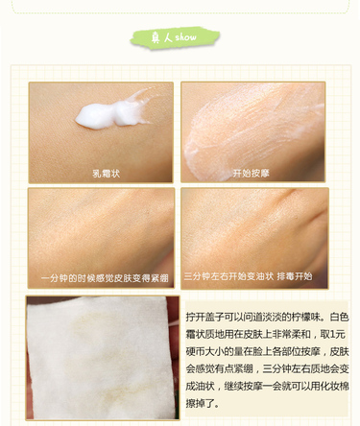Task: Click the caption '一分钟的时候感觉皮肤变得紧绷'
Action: (104, 278)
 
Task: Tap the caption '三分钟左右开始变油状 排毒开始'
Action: (249, 278)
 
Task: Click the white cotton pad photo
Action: (102, 356)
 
